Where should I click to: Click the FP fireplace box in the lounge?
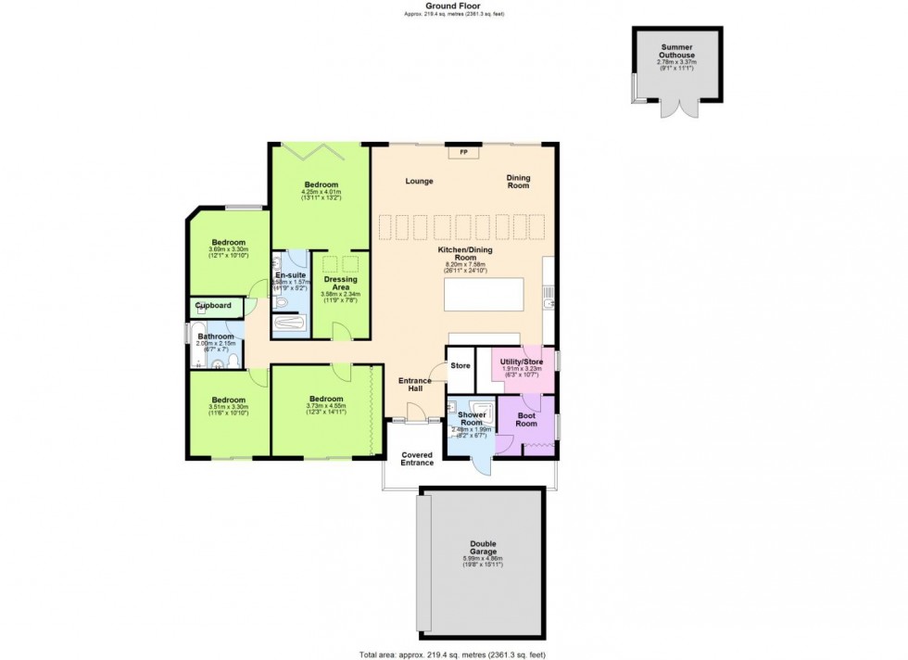tap(463, 152)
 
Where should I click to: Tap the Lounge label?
tap(419, 181)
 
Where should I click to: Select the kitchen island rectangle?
tap(483, 295)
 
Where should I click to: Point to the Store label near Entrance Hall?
tap(460, 365)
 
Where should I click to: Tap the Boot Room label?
tap(526, 419)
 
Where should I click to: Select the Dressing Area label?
tap(337, 284)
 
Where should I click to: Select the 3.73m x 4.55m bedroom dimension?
tap(326, 406)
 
